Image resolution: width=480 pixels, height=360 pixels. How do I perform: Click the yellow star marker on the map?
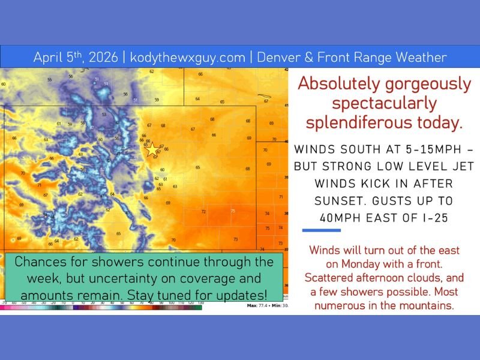coord(152,149)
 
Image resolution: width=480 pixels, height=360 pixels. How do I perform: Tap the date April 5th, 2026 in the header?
coord(77,58)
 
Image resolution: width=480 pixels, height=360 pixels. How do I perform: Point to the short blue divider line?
coord(321,230)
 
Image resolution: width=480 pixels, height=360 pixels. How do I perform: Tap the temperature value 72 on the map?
coord(203,212)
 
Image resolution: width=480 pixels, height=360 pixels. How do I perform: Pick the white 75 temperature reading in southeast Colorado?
coord(233,211)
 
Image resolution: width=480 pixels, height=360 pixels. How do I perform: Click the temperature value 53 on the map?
coord(104,114)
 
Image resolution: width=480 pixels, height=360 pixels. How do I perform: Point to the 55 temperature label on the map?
coord(50,79)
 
